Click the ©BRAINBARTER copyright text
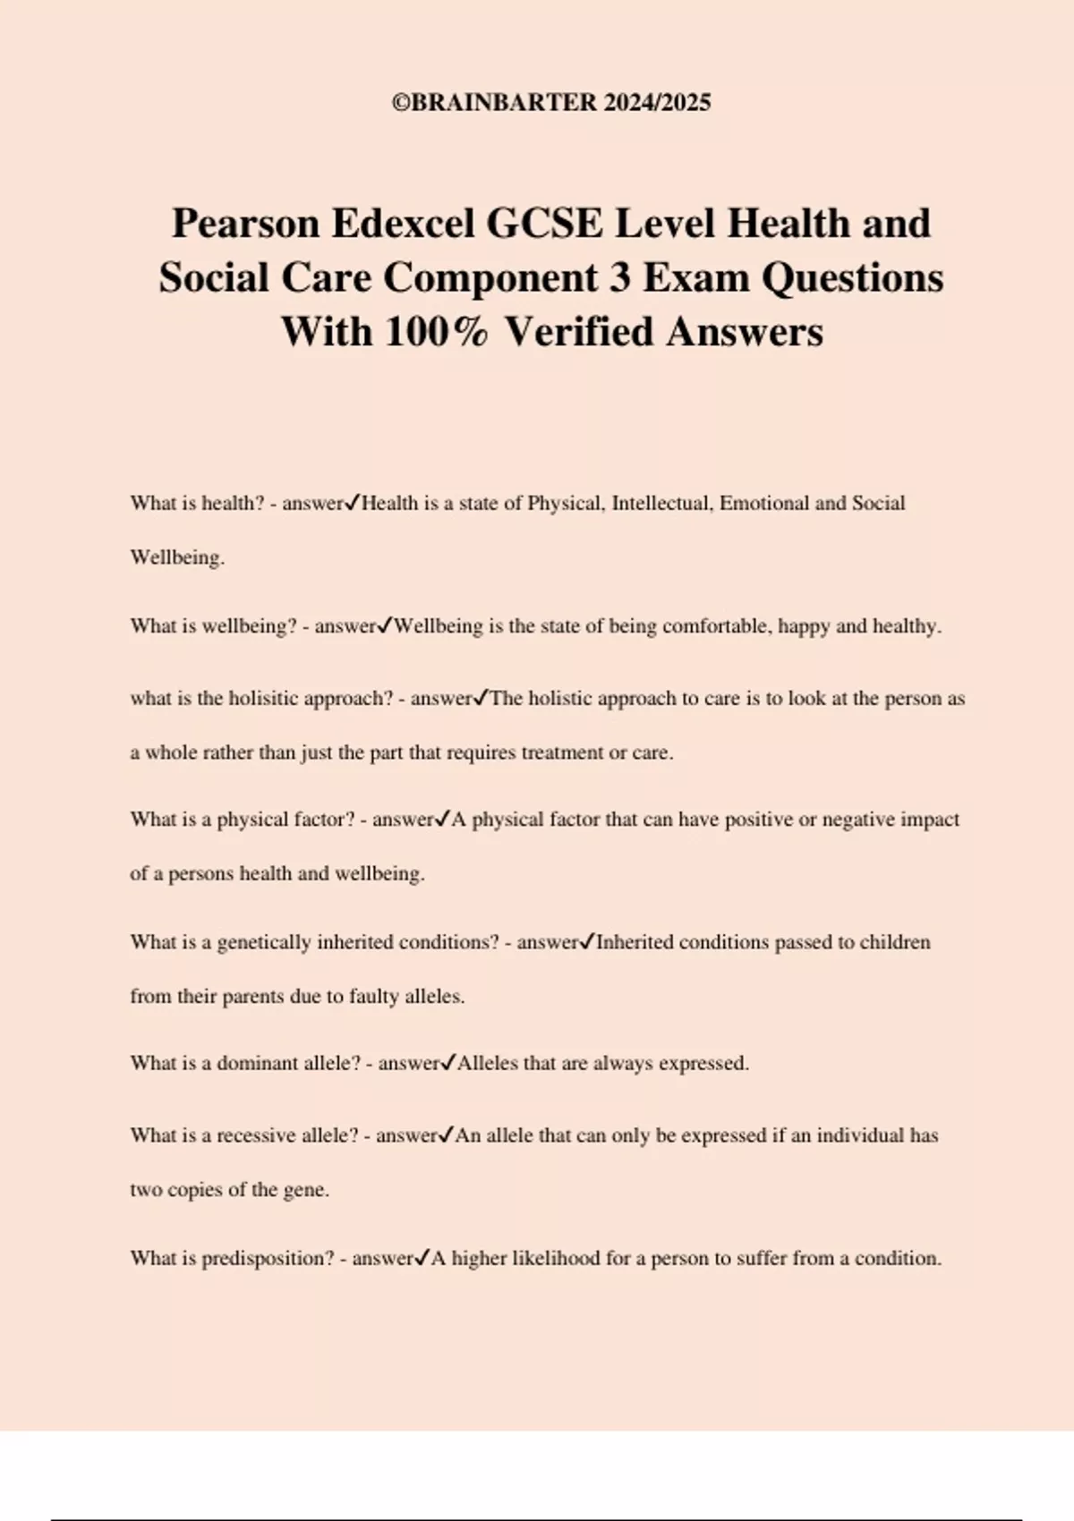[551, 103]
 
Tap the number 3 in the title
[619, 277]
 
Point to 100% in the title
[438, 332]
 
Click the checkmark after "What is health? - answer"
[352, 503]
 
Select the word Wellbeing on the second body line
[175, 557]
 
